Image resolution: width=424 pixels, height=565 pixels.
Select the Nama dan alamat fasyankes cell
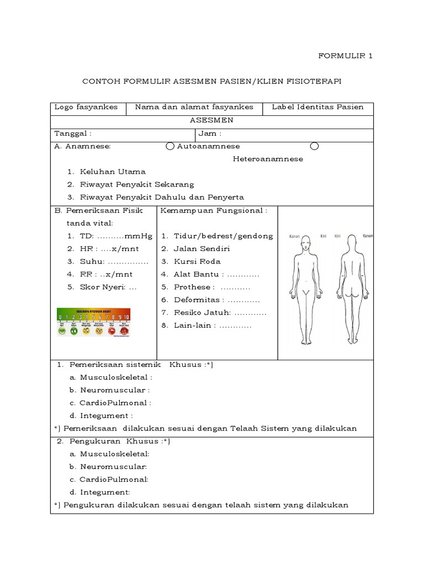pyautogui.click(x=194, y=107)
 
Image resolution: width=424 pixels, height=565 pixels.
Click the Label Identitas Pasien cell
pyautogui.click(x=317, y=107)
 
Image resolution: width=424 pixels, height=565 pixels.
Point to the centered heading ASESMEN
pyautogui.click(x=212, y=120)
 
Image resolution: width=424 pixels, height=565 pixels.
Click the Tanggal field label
pyautogui.click(x=73, y=134)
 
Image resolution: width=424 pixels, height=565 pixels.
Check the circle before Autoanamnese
pyautogui.click(x=170, y=146)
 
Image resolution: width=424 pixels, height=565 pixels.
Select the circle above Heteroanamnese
pyautogui.click(x=314, y=146)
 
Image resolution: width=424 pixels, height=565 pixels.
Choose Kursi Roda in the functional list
pyautogui.click(x=197, y=262)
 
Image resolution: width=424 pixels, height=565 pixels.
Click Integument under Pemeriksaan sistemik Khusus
pyautogui.click(x=106, y=415)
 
